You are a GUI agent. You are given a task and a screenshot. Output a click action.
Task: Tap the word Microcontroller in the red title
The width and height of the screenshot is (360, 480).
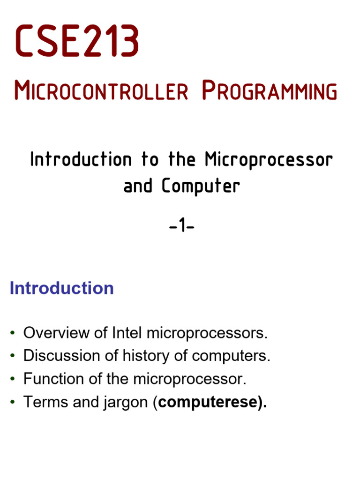click(101, 91)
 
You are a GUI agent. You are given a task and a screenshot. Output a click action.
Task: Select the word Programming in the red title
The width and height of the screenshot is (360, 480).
click(269, 91)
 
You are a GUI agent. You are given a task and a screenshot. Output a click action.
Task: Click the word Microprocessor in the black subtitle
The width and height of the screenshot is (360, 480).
click(269, 160)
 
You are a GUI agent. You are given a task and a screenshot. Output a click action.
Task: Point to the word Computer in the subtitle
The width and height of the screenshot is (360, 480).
click(201, 186)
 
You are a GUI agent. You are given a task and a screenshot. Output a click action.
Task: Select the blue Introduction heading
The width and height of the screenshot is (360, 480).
click(61, 288)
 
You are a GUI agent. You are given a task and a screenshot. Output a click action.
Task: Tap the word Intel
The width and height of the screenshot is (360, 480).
click(128, 333)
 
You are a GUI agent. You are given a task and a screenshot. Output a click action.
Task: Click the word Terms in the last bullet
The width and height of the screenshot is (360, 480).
click(43, 402)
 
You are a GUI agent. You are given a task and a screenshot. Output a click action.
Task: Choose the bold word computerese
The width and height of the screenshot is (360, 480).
click(209, 403)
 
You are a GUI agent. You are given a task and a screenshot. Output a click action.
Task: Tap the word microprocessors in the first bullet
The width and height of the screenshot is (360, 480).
click(207, 333)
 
